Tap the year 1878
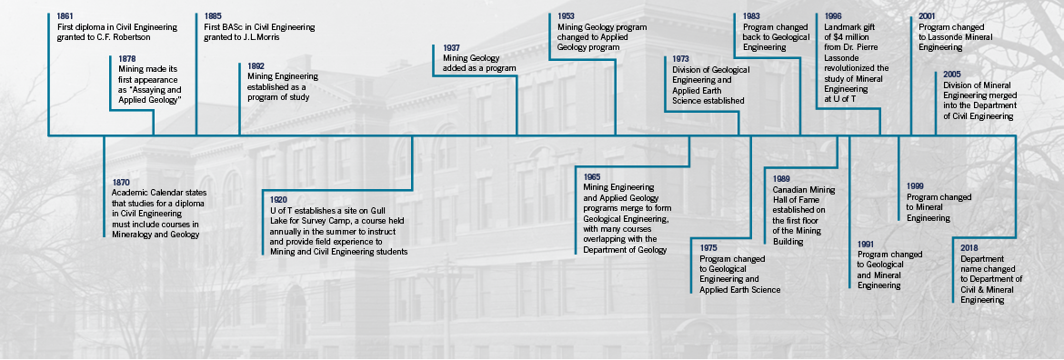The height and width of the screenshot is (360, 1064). click(x=126, y=59)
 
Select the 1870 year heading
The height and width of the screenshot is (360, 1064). click(x=121, y=182)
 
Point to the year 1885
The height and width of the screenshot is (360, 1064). click(x=213, y=16)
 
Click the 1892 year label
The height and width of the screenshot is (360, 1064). click(x=256, y=66)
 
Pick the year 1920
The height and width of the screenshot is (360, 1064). click(x=279, y=199)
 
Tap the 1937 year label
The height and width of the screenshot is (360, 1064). click(x=451, y=47)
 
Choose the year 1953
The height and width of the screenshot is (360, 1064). click(x=566, y=16)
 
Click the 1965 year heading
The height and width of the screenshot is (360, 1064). click(x=591, y=175)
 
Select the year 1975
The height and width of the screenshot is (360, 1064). click(x=708, y=246)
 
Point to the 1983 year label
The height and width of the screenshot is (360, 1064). click(x=751, y=16)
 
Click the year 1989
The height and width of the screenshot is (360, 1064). click(x=781, y=179)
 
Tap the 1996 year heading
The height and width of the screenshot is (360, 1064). click(x=832, y=16)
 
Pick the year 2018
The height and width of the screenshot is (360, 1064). click(x=969, y=247)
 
